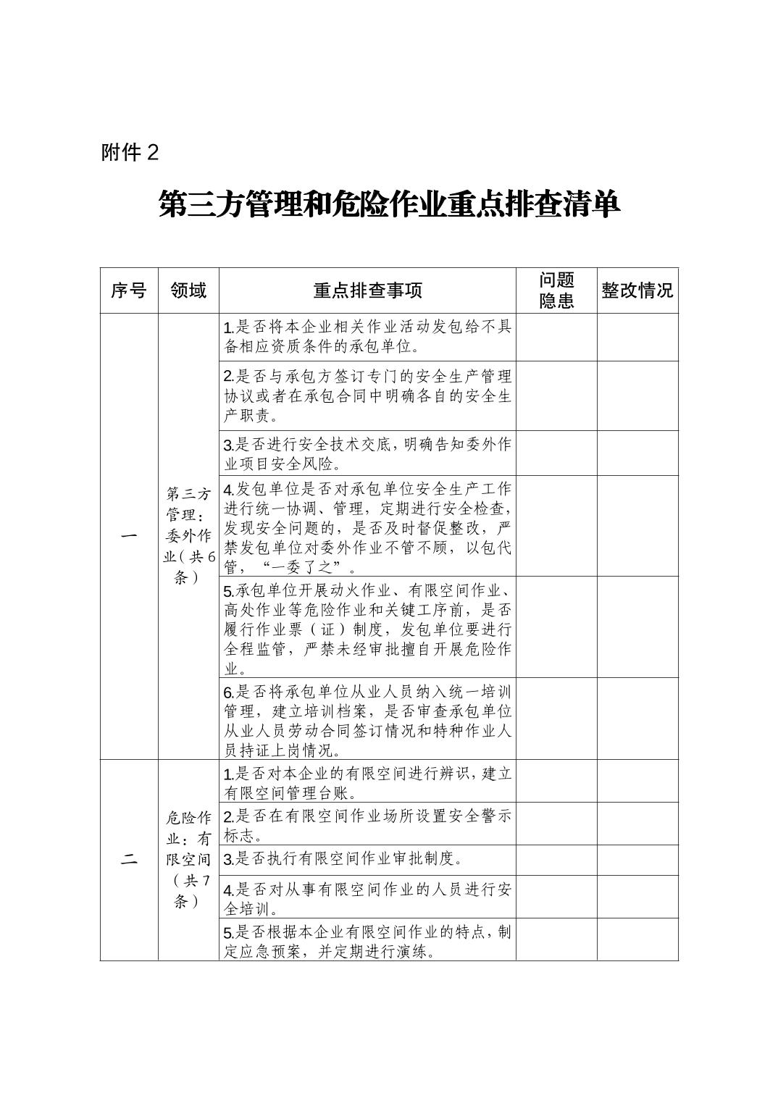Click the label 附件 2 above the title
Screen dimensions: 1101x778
(130, 153)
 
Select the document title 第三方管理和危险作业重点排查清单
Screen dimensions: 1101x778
(389, 205)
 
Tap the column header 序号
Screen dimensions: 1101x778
(129, 291)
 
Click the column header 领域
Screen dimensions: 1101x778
(188, 291)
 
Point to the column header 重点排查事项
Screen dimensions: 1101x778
(367, 291)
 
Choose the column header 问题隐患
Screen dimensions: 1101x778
(556, 291)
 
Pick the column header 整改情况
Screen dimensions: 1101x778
(637, 291)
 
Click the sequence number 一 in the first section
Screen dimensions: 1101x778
(129, 536)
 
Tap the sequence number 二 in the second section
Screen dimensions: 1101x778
(129, 860)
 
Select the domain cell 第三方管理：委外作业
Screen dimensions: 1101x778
(188, 536)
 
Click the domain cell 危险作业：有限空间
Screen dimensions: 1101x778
(188, 860)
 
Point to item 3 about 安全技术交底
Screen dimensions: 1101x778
(367, 453)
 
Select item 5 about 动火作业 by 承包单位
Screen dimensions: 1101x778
(367, 627)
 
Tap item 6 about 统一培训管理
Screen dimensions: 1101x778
(367, 719)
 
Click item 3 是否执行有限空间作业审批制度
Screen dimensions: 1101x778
(343, 860)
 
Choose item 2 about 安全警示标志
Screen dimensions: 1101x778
(367, 824)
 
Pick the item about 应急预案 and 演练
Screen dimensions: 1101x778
(367, 940)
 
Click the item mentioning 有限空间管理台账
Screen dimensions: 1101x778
(367, 782)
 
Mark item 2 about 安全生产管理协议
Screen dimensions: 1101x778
(367, 395)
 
